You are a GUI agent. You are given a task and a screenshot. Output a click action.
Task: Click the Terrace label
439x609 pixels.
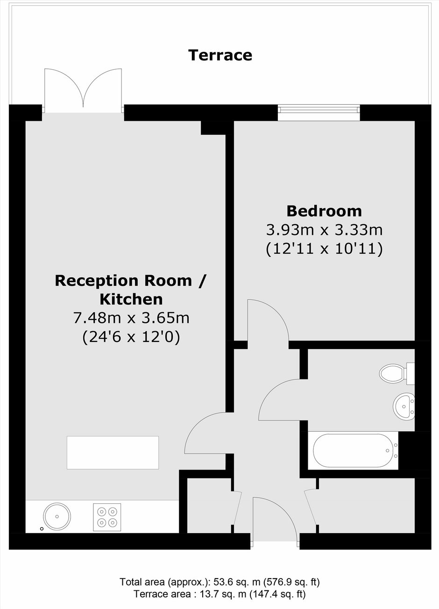click(220, 55)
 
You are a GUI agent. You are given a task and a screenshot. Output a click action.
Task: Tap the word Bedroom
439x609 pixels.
click(324, 211)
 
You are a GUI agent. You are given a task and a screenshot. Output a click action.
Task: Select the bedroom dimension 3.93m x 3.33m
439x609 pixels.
click(324, 230)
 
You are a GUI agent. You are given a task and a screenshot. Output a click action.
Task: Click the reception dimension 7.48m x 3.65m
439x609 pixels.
click(131, 318)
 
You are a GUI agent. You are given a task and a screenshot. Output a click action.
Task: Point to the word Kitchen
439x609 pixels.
click(131, 299)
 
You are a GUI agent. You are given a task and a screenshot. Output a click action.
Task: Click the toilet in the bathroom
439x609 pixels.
click(397, 373)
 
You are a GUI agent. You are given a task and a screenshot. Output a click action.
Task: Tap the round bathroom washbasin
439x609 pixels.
click(404, 406)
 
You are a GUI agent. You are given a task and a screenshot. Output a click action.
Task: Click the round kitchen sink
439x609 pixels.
click(57, 516)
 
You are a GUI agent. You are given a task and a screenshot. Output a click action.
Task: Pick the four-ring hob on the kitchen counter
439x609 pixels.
click(107, 517)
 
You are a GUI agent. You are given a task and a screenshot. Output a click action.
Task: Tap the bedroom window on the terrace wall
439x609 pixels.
click(319, 113)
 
